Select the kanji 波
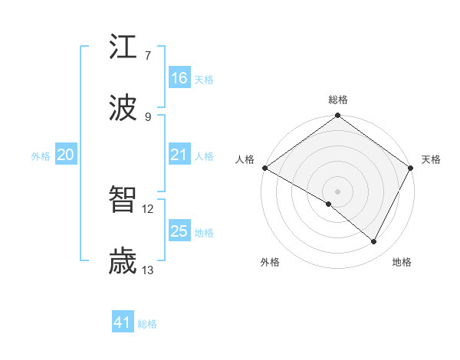coord(123,109)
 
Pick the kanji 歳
coord(123,262)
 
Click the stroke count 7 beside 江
coord(147,55)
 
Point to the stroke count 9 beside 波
coord(147,116)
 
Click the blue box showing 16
coord(179,78)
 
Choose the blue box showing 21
coord(179,155)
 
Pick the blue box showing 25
coord(179,231)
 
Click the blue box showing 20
coord(65,155)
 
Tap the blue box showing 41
coord(123,322)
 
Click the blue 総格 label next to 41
coord(147,324)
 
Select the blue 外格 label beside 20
coord(41,156)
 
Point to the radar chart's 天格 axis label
coord(431,159)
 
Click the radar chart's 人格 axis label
coord(245,159)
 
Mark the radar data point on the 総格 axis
coord(338,116)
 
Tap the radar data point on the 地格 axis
coord(374,242)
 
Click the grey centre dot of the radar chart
coord(338,191)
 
